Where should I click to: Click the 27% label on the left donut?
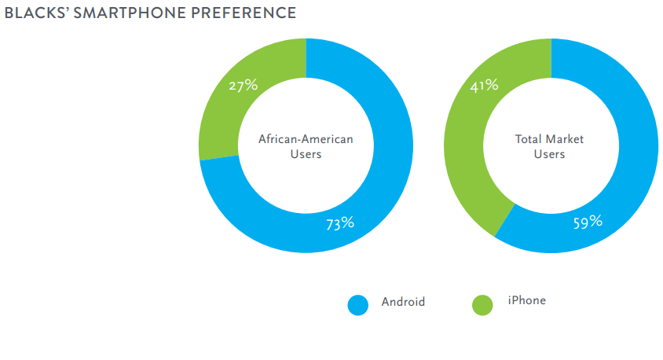[243, 85]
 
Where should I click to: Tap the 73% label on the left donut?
[340, 223]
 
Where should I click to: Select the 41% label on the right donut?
[484, 85]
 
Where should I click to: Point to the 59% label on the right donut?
[588, 222]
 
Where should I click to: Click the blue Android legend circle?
[357, 305]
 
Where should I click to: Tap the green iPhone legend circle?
[482, 305]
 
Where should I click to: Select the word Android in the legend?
[403, 302]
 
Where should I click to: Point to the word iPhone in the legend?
[526, 301]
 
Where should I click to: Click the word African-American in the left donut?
[306, 139]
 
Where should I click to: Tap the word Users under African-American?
[306, 154]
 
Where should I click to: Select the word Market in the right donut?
[566, 139]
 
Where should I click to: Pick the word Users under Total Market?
[549, 154]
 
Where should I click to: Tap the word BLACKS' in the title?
[31, 13]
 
